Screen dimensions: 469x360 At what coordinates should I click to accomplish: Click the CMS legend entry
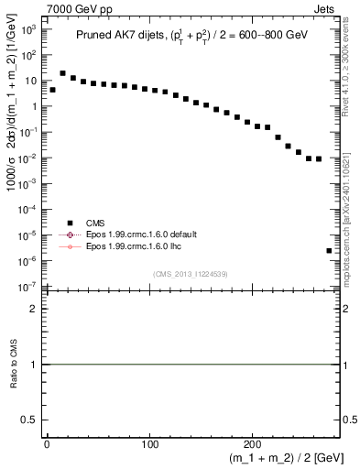[x=95, y=221]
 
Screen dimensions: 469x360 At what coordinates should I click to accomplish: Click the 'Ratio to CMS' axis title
[x=14, y=377]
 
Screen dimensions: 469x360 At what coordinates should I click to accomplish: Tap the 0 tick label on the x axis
[x=48, y=443]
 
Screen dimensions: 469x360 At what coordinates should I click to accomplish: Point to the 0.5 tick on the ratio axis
[x=32, y=420]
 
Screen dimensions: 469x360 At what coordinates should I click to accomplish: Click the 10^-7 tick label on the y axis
[x=28, y=287]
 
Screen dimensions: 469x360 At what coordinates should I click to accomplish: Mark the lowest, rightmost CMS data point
[x=329, y=250]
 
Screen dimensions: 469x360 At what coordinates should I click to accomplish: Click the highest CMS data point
[x=62, y=73]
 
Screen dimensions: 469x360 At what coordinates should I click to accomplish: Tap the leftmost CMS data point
[x=52, y=90]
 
